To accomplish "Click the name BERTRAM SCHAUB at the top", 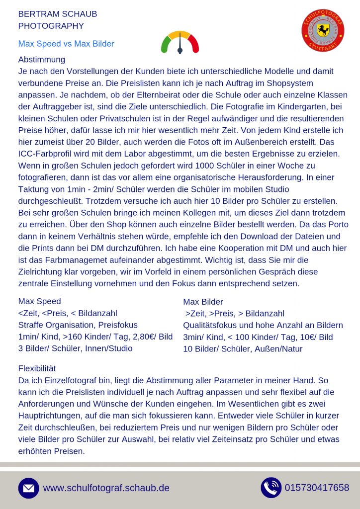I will tap(57, 14).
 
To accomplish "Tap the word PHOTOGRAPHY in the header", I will tap(51, 26).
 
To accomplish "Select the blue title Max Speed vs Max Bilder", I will tap(66, 44).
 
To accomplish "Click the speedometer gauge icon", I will tap(180, 43).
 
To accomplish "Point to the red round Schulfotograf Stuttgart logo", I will tap(323, 31).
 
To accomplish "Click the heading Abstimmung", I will tap(41, 60).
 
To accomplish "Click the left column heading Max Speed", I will tap(39, 301).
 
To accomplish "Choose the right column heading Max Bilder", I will tap(203, 302).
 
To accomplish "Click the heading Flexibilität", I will tap(37, 368).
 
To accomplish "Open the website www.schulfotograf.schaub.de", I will tap(106, 488).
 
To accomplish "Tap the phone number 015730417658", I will tap(317, 488).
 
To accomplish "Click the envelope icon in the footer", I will tap(28, 488).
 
